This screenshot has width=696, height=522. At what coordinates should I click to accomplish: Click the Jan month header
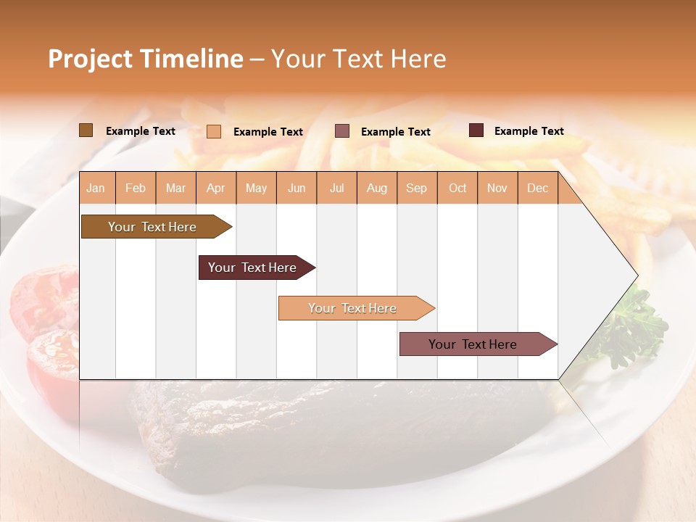pos(96,188)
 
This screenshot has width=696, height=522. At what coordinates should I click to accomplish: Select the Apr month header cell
pos(215,188)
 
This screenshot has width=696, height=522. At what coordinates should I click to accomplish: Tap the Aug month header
pos(376,188)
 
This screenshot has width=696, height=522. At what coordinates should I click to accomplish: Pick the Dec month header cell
pos(537,188)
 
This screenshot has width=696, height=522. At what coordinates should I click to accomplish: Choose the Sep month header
pos(416,188)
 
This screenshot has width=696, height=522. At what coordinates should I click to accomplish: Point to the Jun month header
pos(296,188)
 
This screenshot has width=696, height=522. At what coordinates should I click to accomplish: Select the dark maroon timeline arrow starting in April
pos(254,268)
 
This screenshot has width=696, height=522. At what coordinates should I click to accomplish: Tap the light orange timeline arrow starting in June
pos(354,308)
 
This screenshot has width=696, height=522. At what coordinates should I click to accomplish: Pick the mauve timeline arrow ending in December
pos(475,344)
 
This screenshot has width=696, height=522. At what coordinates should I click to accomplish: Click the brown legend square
pos(86,130)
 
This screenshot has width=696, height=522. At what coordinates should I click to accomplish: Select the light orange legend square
pos(214,131)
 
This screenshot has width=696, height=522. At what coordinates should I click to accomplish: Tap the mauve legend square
pos(342,131)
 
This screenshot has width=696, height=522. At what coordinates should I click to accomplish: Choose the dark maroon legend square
pos(476,130)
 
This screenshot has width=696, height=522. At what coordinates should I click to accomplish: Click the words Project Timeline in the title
pos(145,59)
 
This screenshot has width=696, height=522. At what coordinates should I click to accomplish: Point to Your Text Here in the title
pos(358,59)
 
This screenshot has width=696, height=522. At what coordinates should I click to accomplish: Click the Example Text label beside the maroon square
pos(529,131)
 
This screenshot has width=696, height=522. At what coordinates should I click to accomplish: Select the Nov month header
pos(497,188)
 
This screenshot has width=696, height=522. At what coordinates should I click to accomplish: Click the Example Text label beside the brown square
pos(141,131)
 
